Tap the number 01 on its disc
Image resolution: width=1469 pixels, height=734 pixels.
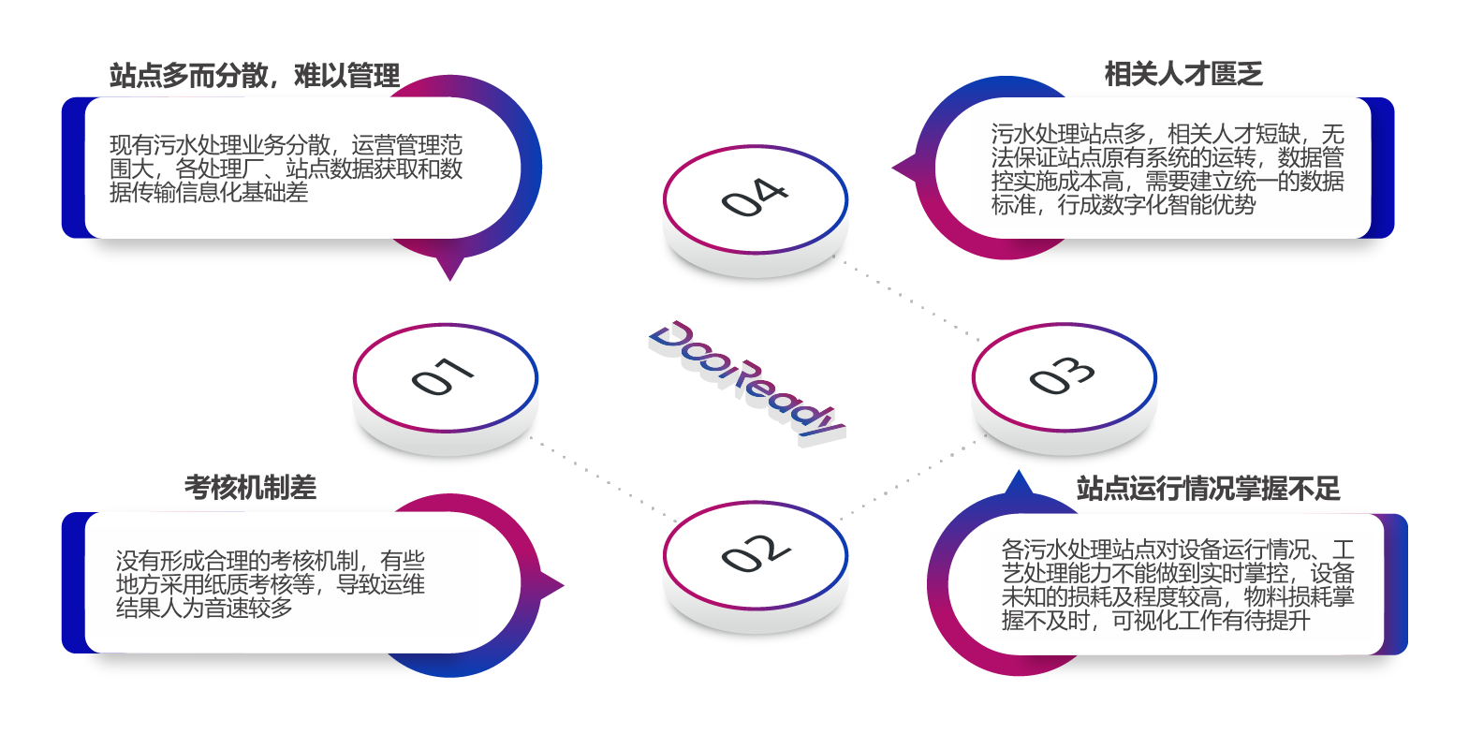tap(443, 376)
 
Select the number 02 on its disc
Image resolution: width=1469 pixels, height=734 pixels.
tap(756, 553)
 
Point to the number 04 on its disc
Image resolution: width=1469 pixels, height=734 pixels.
tap(754, 198)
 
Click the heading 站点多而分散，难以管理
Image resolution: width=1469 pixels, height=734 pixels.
tap(255, 76)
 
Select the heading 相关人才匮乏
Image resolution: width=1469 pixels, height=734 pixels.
tap(1183, 74)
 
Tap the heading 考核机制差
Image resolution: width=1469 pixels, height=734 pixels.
tap(250, 488)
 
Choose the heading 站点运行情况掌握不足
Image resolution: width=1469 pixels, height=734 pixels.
tap(1208, 489)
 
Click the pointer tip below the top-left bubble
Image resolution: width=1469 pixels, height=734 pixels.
tap(450, 273)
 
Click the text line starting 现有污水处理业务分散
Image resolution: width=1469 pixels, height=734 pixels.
tap(286, 145)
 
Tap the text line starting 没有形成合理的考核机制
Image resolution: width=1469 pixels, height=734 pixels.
tap(270, 561)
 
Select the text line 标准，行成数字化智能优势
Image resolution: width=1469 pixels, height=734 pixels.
tap(1124, 205)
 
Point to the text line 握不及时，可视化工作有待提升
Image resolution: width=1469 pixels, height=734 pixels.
tap(1155, 620)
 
